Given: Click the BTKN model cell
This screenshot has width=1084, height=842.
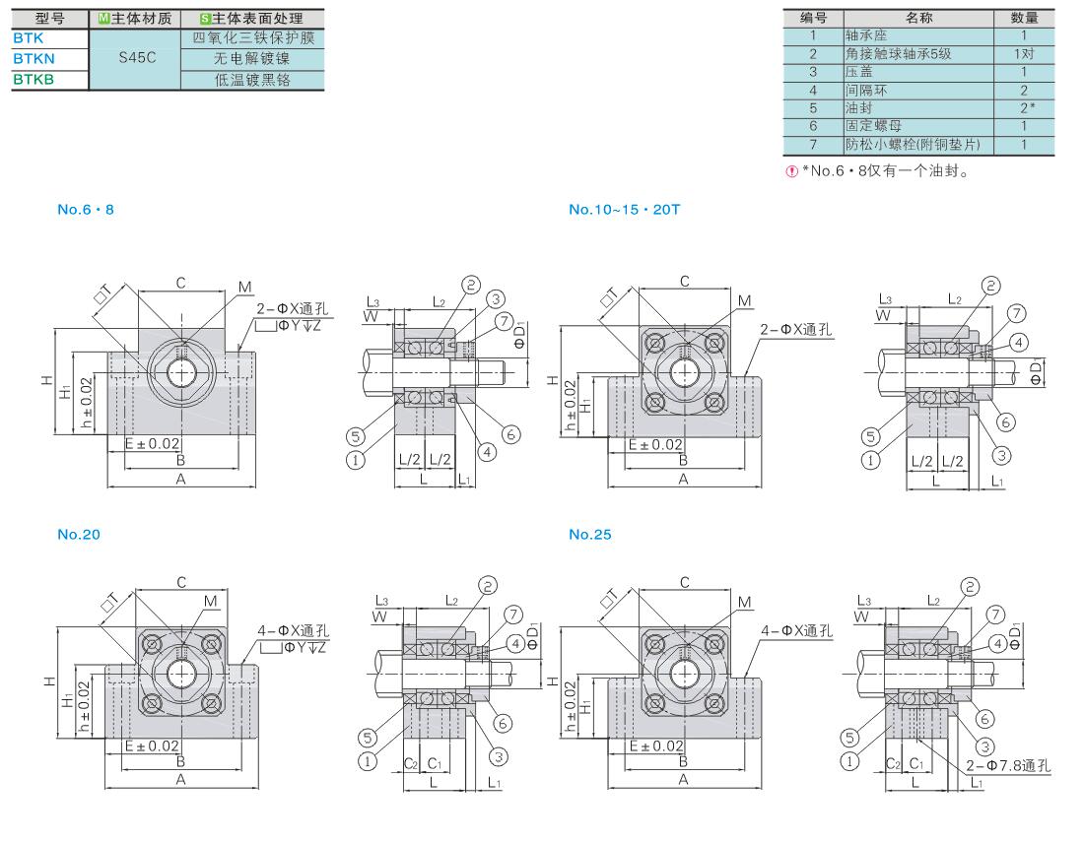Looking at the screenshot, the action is [x=50, y=59].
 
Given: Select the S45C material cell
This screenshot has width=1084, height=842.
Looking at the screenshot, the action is [x=136, y=58].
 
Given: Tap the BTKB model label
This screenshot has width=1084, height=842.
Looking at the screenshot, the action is [x=34, y=80].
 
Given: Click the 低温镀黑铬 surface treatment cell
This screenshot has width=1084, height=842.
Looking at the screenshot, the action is [x=252, y=80].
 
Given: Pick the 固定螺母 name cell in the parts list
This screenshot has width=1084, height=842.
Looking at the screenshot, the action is [x=918, y=126].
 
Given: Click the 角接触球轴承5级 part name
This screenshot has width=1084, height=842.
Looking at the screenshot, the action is [x=898, y=54].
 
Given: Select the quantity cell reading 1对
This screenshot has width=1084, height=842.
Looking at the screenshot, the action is [x=1024, y=54].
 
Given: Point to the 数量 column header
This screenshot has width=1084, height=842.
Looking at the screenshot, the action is [x=1024, y=18].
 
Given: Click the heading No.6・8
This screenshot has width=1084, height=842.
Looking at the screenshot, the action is [x=86, y=210].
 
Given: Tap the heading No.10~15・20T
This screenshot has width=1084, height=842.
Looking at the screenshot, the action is [x=624, y=210].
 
